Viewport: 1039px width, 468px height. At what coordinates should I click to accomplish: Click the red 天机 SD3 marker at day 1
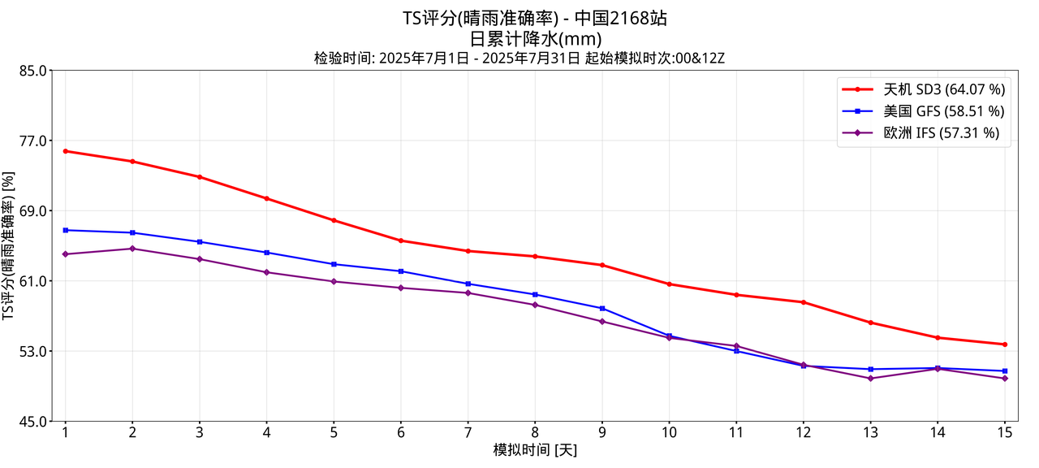(x=65, y=151)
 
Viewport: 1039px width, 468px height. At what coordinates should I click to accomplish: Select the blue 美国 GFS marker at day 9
(x=601, y=309)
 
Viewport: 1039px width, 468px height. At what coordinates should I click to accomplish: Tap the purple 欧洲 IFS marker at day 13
(x=870, y=379)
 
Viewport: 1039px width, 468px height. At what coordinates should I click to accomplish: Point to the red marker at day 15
(x=1004, y=344)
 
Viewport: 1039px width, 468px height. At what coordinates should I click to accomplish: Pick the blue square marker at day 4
(x=266, y=253)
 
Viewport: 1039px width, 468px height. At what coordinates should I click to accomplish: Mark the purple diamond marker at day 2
(x=132, y=249)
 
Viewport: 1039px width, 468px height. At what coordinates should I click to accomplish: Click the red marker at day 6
(x=401, y=240)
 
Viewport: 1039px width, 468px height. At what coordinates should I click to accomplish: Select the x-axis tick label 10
(x=669, y=432)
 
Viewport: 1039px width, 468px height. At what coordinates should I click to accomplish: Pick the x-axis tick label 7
(x=468, y=432)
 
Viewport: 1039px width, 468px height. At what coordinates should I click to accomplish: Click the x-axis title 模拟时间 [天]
(x=535, y=450)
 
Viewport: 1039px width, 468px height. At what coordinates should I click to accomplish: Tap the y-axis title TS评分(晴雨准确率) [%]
(x=9, y=245)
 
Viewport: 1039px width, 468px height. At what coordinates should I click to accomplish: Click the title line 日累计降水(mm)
(x=535, y=38)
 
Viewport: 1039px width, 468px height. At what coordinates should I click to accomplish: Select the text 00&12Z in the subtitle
(x=700, y=58)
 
